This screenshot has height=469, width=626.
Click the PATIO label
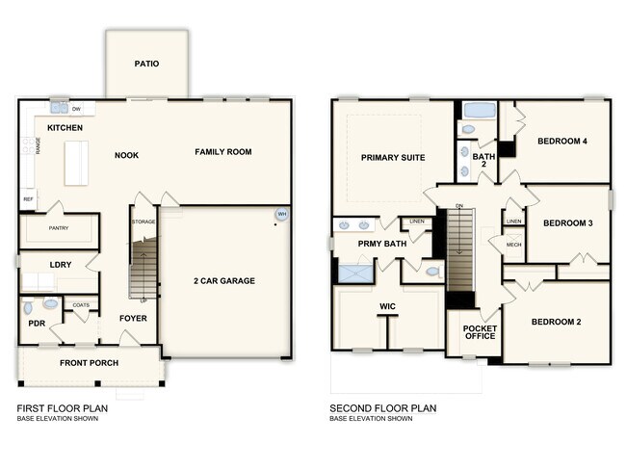click(146, 65)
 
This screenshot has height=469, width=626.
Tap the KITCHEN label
click(65, 127)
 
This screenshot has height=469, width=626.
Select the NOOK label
click(127, 155)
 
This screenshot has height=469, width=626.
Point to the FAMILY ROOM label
click(222, 151)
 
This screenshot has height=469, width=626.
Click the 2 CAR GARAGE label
click(223, 281)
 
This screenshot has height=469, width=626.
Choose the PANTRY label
click(58, 228)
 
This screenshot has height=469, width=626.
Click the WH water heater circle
click(282, 214)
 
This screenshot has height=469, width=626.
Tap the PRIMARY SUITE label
click(393, 157)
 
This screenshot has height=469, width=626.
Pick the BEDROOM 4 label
click(562, 142)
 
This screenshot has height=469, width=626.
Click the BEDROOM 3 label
click(567, 223)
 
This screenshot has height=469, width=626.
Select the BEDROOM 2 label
click(557, 322)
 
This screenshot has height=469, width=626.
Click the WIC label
click(388, 306)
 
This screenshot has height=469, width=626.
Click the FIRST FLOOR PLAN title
click(62, 408)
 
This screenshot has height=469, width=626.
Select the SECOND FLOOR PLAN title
click(383, 408)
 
